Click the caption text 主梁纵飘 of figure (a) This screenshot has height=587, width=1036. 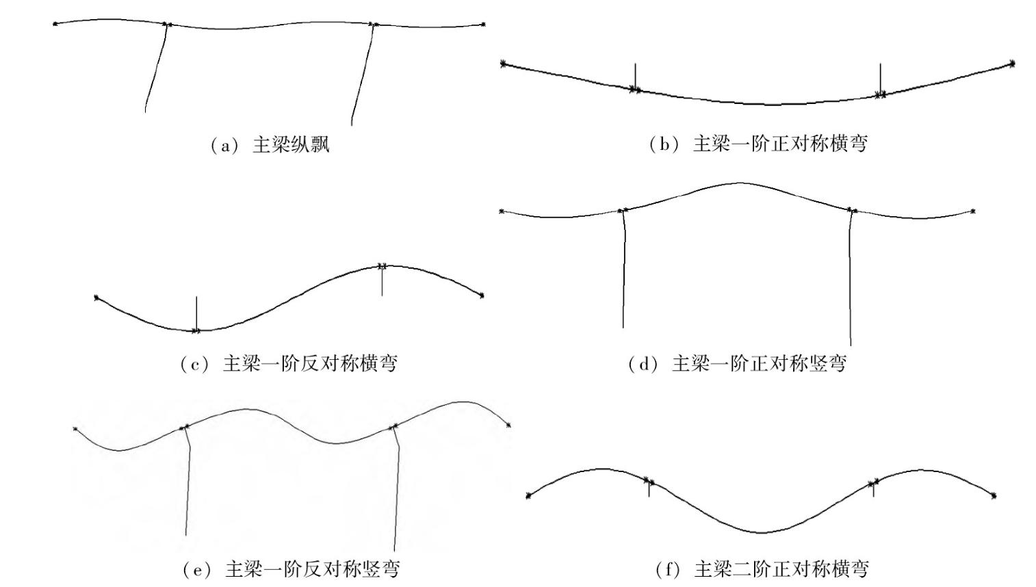coord(291,145)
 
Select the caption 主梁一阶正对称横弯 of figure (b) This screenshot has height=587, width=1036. coord(780,144)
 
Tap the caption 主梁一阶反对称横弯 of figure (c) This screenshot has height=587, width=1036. coord(310,363)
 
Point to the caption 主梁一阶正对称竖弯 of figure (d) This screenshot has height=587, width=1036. coord(759,363)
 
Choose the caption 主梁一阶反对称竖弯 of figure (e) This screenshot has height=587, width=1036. coord(312,569)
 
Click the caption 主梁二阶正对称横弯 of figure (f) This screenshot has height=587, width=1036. coord(781,569)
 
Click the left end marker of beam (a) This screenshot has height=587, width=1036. coord(55,24)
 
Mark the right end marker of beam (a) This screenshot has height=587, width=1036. coord(483,25)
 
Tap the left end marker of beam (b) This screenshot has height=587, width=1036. coord(504,64)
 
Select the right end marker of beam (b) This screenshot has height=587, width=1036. coord(1013,64)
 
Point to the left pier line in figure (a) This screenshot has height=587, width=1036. coord(156,68)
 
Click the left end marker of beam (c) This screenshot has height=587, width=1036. coord(96,298)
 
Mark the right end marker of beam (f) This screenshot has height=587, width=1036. coord(994,495)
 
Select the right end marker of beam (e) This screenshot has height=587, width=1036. coord(508,426)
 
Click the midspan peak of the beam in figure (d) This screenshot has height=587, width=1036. coord(739,183)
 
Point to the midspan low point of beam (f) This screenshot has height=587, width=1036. coord(761,532)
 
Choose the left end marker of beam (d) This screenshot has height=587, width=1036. coord(502,211)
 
